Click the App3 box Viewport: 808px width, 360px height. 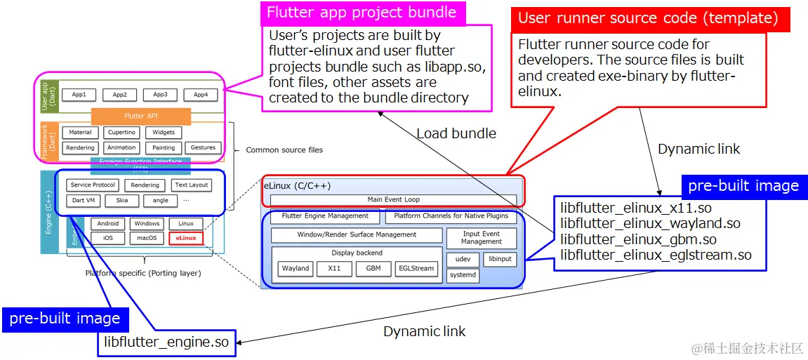160,95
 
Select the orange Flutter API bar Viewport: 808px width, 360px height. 140,116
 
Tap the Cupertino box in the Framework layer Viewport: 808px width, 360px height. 121,132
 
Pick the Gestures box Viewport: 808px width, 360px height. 203,147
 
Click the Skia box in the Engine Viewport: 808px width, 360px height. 122,200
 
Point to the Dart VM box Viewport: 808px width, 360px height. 84,200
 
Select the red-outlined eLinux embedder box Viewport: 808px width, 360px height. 186,238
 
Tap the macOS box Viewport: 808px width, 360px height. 147,238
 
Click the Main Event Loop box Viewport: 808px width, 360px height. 393,200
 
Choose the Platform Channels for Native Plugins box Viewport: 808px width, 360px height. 451,216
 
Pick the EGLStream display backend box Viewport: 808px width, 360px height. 416,269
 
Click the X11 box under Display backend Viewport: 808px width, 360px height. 334,269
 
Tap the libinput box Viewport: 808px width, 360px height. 501,260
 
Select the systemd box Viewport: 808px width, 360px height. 463,276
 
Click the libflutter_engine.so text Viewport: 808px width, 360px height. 166,342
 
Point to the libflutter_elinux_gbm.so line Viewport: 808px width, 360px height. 629,239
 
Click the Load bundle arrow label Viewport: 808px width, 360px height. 456,133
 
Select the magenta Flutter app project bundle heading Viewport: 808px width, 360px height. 362,13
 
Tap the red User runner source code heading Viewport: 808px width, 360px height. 647,18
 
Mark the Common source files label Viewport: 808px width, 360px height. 284,149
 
